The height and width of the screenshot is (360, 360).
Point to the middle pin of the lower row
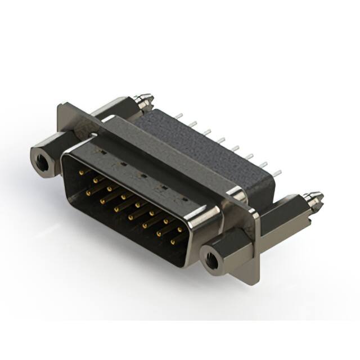(x=130, y=215)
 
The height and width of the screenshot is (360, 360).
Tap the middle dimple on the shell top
(x=143, y=175)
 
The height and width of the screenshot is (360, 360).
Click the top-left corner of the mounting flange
(x=60, y=104)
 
